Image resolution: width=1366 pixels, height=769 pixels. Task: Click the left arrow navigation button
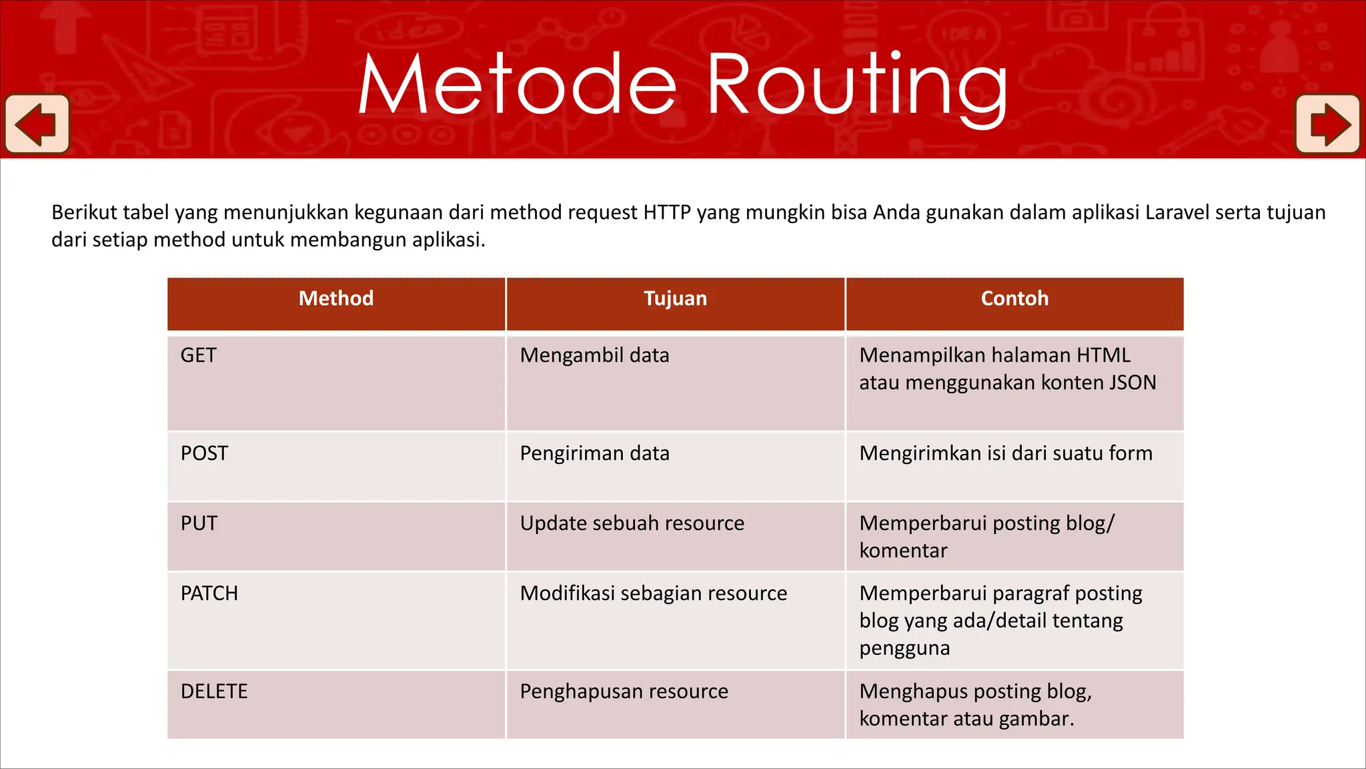[37, 124]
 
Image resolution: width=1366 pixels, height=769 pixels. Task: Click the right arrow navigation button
[1328, 124]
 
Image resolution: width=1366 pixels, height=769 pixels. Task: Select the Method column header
[335, 298]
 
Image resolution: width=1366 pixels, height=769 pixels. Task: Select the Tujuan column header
[675, 298]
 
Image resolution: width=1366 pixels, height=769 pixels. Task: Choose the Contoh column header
[1014, 298]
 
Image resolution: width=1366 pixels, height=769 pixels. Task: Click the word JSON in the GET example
[1132, 382]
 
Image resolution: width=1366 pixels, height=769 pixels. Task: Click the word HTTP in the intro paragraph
[667, 212]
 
